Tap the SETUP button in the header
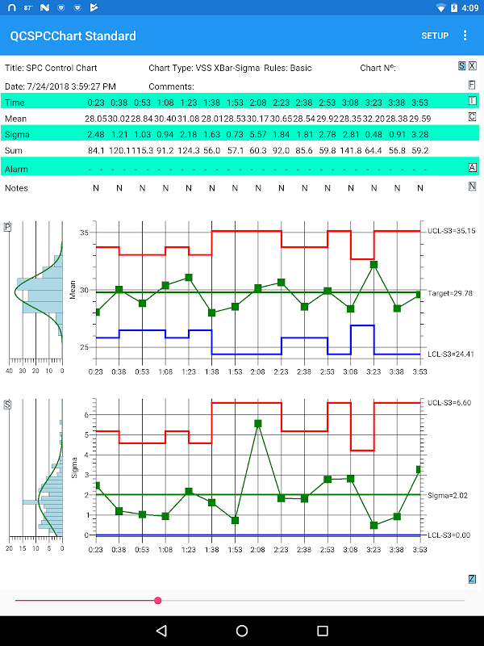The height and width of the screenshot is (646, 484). pyautogui.click(x=435, y=36)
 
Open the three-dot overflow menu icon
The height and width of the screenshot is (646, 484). pyautogui.click(x=465, y=36)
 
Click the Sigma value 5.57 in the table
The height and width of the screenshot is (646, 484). pyautogui.click(x=258, y=133)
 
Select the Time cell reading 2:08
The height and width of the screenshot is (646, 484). pyautogui.click(x=258, y=103)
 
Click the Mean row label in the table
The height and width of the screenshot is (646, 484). pyautogui.click(x=16, y=118)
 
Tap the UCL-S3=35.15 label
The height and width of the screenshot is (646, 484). pyautogui.click(x=451, y=231)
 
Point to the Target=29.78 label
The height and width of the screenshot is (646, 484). pyautogui.click(x=450, y=293)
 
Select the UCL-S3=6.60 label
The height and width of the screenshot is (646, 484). pyautogui.click(x=449, y=402)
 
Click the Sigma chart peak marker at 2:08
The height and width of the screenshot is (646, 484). pyautogui.click(x=258, y=423)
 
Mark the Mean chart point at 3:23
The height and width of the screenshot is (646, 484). pyautogui.click(x=374, y=264)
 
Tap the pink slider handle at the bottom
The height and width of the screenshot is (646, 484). pyautogui.click(x=158, y=600)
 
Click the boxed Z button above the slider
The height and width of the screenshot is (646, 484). pyautogui.click(x=472, y=578)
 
